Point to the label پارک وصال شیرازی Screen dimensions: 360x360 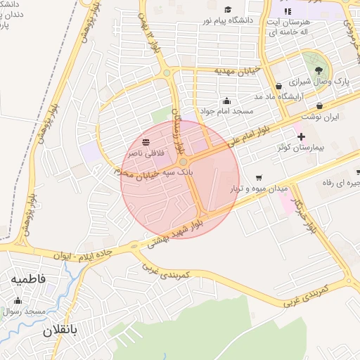(x=321, y=82)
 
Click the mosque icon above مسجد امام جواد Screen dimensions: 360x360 (x=226, y=100)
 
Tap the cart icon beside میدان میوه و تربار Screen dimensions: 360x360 (x=259, y=177)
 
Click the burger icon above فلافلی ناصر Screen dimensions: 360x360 (x=146, y=141)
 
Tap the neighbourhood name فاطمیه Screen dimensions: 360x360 (x=28, y=279)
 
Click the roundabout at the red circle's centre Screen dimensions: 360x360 (x=182, y=162)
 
